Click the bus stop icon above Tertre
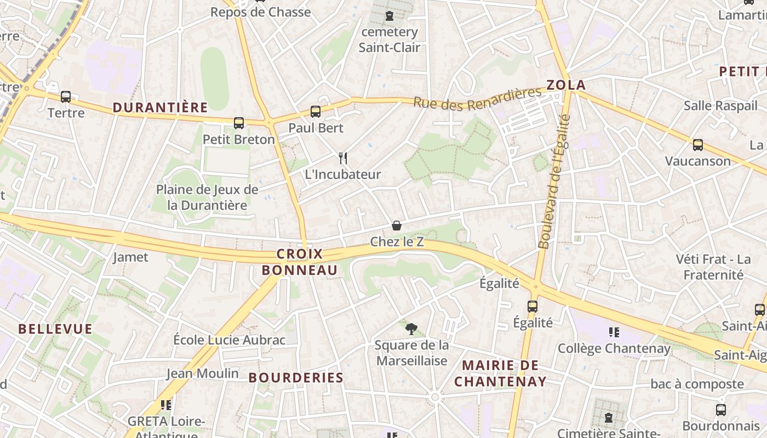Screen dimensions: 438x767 click(x=66, y=97)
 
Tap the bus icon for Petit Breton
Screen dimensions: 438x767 click(x=238, y=123)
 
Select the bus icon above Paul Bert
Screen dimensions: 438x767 click(x=316, y=112)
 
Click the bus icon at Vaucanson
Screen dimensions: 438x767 click(x=697, y=145)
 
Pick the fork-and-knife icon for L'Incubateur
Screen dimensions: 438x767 click(x=343, y=158)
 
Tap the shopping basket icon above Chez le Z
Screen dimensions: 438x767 click(x=397, y=226)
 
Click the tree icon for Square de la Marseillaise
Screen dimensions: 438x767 click(x=411, y=329)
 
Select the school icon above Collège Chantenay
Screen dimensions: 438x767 click(x=614, y=332)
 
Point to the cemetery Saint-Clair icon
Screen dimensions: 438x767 click(x=390, y=16)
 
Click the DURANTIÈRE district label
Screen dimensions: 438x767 click(x=160, y=107)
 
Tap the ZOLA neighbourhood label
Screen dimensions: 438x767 click(x=566, y=85)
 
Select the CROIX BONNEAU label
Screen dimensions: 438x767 click(x=300, y=262)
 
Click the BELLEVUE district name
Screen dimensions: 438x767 click(x=55, y=328)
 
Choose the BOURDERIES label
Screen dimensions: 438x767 click(x=296, y=377)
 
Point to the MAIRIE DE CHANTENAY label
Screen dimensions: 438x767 click(x=500, y=373)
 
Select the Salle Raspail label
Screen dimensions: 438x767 click(x=720, y=106)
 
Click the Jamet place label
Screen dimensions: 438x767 click(x=130, y=257)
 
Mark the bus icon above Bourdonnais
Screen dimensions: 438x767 click(x=721, y=410)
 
